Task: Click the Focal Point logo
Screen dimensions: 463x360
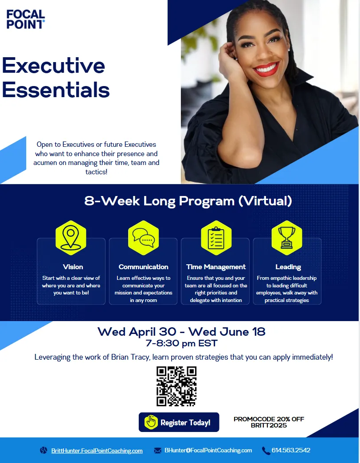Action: coord(26,20)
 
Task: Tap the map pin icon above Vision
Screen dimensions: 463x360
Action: coord(71,238)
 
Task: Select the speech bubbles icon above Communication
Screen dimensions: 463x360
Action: coord(143,238)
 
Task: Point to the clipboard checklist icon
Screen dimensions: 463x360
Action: coord(216,238)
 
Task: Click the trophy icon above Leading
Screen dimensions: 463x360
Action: coord(287,238)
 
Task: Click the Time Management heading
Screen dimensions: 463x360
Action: coord(216,267)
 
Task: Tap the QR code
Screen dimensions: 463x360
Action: coord(176,386)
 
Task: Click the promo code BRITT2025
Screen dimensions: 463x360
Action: coord(269,426)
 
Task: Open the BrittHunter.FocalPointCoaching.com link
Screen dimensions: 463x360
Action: coord(97,451)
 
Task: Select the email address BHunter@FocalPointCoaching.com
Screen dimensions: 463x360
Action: coord(208,450)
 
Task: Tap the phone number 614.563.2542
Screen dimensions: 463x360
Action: coord(291,450)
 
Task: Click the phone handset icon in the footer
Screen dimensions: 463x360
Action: coord(266,451)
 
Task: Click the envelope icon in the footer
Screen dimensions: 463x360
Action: coord(157,451)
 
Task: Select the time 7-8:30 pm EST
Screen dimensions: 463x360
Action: coord(181,343)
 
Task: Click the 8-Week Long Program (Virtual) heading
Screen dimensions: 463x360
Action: coord(188,201)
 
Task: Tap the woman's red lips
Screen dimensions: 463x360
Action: coord(266,69)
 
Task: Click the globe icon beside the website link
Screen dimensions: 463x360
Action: coord(43,451)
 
